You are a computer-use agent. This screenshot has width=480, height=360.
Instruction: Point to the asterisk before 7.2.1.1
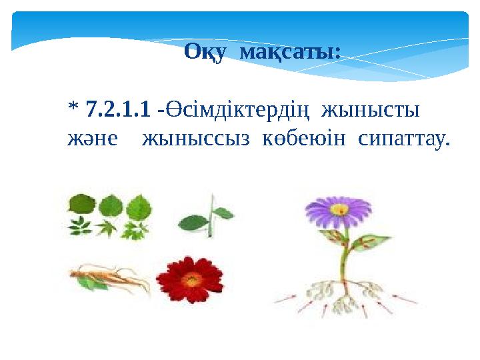tap(73, 108)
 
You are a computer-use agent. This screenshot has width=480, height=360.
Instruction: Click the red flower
tap(191, 280)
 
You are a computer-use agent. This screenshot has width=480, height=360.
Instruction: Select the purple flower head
tap(339, 211)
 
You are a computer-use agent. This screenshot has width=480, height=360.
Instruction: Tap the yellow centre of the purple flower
tap(339, 210)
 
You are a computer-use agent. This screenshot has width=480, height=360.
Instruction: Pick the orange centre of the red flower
tap(191, 279)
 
